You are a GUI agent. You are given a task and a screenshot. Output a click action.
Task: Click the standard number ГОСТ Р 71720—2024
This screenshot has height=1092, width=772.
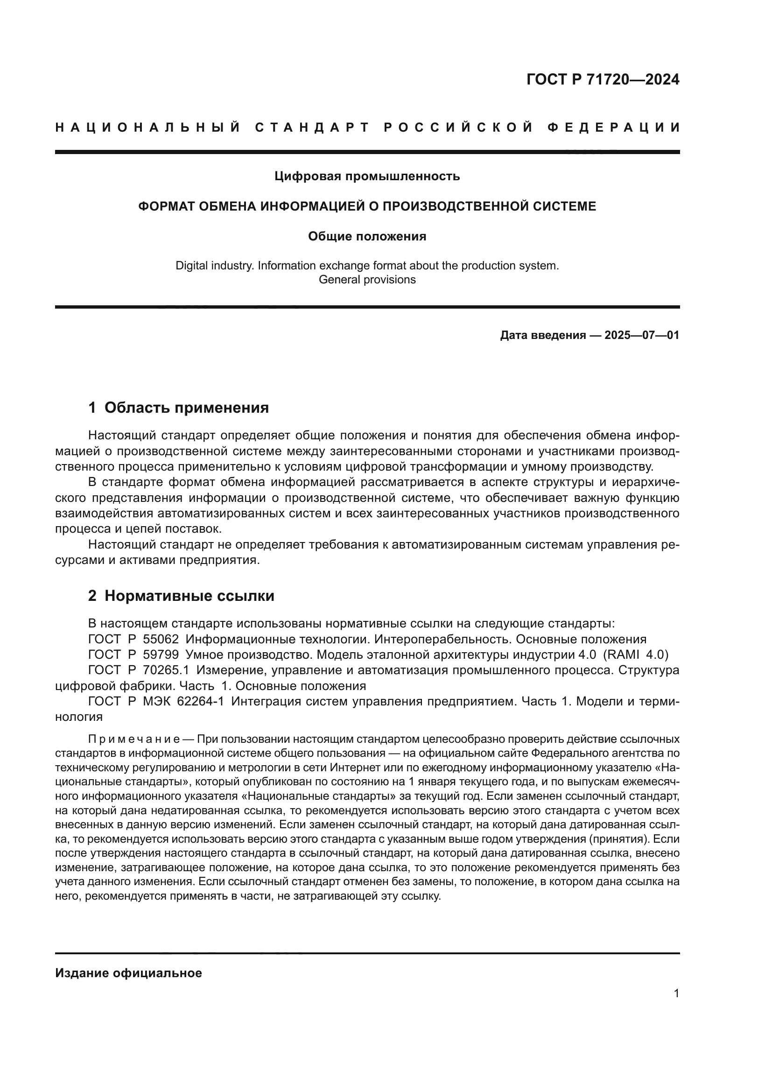603,79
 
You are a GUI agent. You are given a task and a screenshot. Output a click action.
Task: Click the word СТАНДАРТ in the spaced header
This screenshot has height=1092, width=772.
312,127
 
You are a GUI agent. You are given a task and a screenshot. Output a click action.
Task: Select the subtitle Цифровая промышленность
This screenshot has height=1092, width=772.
367,176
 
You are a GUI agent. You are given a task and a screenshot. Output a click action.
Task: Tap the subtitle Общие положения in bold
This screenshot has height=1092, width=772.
367,236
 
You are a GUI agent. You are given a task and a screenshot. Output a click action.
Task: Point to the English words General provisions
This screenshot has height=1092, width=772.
367,280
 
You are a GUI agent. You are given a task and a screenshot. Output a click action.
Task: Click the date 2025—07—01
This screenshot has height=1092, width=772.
642,335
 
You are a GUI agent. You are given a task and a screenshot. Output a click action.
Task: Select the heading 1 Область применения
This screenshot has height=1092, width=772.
178,408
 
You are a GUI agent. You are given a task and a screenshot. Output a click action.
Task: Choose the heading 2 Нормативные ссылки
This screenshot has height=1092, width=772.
181,596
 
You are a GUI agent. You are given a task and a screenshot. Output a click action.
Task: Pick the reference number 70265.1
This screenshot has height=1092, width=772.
166,670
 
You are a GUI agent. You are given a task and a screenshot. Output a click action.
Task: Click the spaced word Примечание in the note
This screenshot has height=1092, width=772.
133,740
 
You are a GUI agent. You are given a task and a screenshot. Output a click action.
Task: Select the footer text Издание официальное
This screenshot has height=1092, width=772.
128,973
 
